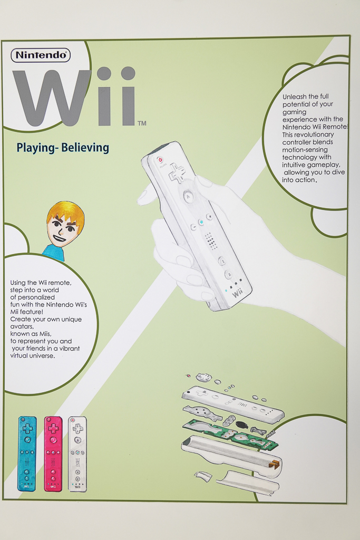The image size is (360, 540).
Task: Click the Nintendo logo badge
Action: (41, 55)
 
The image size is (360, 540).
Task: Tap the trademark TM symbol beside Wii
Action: (141, 123)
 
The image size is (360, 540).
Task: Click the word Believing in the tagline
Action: (85, 148)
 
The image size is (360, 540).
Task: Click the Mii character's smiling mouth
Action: (59, 238)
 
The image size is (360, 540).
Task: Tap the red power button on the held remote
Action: (161, 159)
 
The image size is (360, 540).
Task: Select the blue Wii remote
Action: (27, 454)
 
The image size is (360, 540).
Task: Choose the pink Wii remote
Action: (53, 454)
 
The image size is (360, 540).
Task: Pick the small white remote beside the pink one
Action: (77, 454)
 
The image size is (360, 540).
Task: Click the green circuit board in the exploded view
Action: (232, 435)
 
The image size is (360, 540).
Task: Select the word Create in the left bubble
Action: (21, 319)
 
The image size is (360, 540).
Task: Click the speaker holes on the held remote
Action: (211, 241)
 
